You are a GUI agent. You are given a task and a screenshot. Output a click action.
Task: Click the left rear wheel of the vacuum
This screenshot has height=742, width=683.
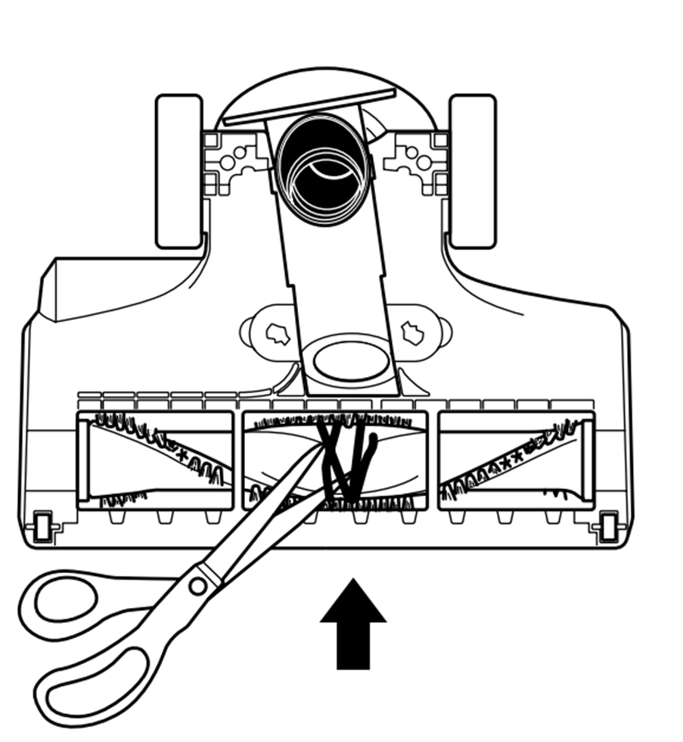tap(179, 171)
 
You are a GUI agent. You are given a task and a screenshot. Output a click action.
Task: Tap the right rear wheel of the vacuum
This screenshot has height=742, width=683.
tap(472, 171)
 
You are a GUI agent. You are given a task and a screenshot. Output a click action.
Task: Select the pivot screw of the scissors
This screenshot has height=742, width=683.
tap(198, 585)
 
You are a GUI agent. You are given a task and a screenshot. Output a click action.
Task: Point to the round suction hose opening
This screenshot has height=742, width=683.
tap(324, 164)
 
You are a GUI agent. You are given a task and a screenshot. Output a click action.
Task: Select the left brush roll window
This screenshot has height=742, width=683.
tap(156, 460)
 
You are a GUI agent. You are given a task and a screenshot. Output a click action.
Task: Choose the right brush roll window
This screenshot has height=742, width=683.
tap(516, 460)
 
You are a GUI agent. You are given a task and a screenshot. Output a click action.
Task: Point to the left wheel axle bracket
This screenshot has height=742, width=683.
tap(233, 160)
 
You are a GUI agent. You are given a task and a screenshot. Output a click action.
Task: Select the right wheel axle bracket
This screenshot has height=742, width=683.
tap(415, 160)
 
